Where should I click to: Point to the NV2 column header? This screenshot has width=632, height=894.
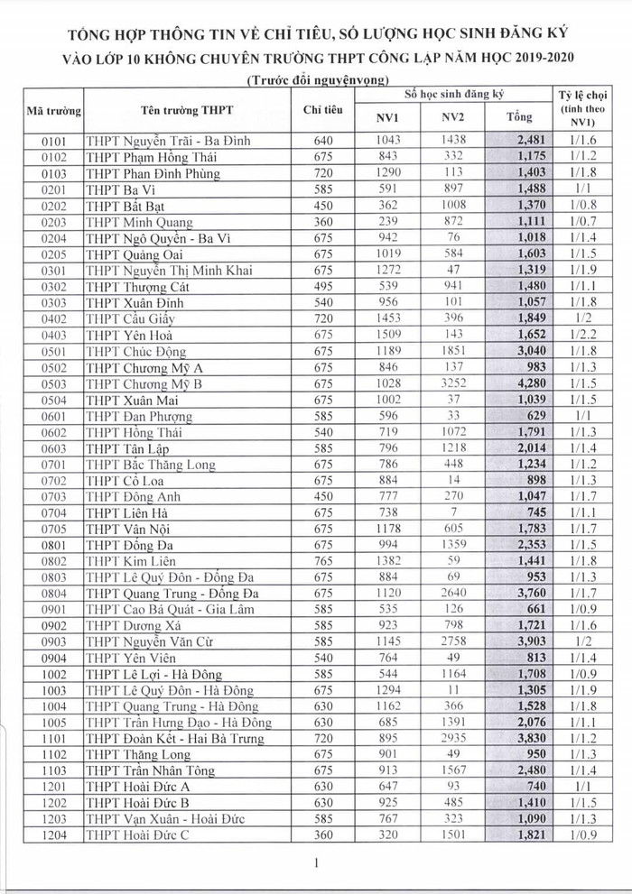452,117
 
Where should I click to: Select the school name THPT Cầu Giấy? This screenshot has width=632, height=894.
130,319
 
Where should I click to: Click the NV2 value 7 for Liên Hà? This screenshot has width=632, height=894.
452,512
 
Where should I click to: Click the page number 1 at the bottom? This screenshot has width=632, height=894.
317,863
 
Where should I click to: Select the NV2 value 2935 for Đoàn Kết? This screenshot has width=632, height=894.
452,739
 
